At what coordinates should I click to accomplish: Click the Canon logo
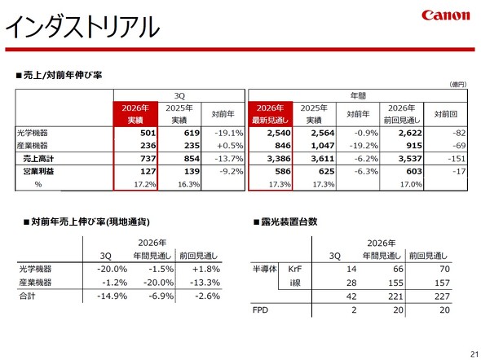click(445, 15)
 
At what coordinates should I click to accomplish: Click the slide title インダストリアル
click(82, 27)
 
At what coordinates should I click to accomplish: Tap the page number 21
click(474, 353)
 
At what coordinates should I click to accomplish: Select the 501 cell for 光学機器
click(148, 133)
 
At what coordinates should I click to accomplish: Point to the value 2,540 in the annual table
click(279, 133)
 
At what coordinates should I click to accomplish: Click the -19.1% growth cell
click(229, 133)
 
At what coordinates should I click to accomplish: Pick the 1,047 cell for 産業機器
click(323, 146)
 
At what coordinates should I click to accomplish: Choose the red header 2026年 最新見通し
click(270, 114)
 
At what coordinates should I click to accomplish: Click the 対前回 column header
click(445, 114)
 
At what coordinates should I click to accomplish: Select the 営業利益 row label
click(38, 171)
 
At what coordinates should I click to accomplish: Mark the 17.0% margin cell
click(411, 184)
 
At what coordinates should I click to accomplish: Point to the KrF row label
click(295, 269)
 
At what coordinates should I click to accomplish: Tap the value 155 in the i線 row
click(395, 283)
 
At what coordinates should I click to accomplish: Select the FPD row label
click(260, 310)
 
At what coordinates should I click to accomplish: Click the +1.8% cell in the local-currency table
click(206, 269)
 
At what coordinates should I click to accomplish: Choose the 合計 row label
click(27, 296)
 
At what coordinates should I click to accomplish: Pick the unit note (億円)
click(458, 84)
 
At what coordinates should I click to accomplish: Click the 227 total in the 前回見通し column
click(442, 296)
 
